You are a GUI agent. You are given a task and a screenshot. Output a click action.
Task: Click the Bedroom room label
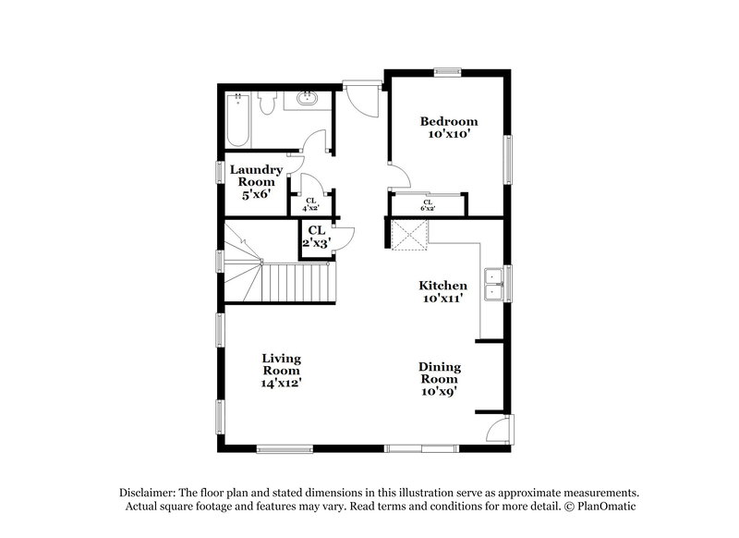point(449,122)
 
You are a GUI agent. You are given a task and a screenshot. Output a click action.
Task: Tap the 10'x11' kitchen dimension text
point(442,299)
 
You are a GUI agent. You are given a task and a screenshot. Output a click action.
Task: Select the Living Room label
point(282,364)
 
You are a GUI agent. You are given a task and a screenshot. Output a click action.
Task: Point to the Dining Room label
point(440,373)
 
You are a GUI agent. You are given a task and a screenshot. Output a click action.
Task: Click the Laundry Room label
point(256,176)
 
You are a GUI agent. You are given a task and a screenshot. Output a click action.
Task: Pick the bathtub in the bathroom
point(237,121)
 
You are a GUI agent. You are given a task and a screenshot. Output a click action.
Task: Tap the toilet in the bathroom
point(267,104)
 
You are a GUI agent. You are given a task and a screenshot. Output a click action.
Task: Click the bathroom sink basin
point(307,99)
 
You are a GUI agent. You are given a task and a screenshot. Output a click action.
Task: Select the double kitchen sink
point(493,285)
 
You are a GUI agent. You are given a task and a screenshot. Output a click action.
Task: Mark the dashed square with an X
point(409,235)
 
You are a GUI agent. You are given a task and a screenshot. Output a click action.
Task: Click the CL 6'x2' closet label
point(428,205)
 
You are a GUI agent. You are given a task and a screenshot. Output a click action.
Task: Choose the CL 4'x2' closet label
point(311,204)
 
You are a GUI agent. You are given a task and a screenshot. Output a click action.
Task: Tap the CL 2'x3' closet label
point(317,237)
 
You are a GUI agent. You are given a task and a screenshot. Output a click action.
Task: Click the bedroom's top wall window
point(447,72)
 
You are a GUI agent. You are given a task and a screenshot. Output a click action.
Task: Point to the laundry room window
point(220,172)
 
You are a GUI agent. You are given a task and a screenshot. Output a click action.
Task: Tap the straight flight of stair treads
point(297,283)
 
